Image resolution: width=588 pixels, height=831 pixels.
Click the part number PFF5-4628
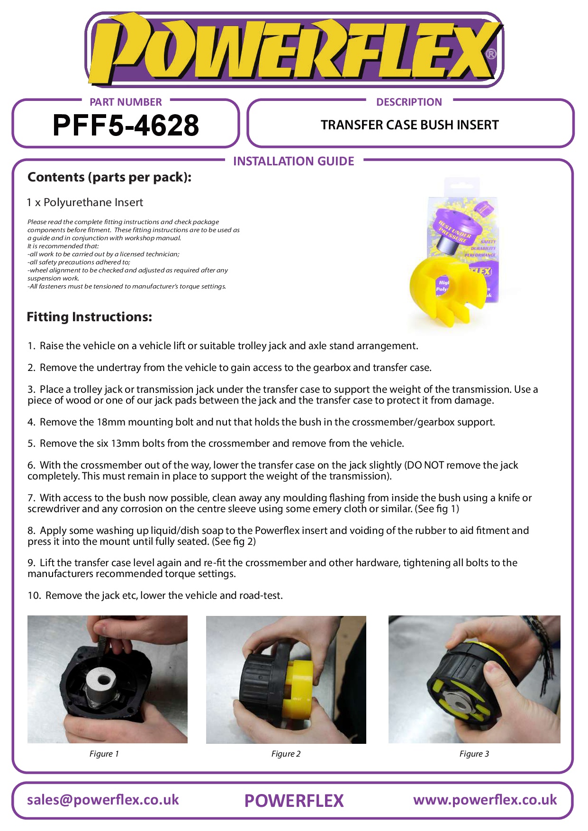(x=126, y=126)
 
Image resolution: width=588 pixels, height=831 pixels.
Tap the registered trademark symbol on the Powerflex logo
(x=491, y=54)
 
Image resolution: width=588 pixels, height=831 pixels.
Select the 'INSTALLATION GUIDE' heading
(x=294, y=161)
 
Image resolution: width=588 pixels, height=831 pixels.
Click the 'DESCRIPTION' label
(x=409, y=102)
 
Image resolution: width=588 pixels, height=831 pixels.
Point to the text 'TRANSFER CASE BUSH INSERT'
(x=410, y=125)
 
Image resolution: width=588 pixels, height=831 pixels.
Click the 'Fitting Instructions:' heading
(x=90, y=316)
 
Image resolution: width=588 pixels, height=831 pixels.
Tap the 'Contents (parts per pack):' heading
(x=109, y=177)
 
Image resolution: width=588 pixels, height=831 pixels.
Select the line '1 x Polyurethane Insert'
(x=85, y=202)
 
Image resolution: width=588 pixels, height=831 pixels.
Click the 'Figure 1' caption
(x=104, y=754)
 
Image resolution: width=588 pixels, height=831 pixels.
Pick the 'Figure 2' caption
(x=286, y=754)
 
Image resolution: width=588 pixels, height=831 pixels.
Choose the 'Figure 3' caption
(x=474, y=754)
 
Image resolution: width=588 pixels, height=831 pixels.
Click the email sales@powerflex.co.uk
(x=103, y=800)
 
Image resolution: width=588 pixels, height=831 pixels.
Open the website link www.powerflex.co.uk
(x=485, y=800)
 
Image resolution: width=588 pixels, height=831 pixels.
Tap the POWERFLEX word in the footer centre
(x=294, y=801)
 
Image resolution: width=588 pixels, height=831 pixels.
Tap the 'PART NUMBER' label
(x=126, y=102)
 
